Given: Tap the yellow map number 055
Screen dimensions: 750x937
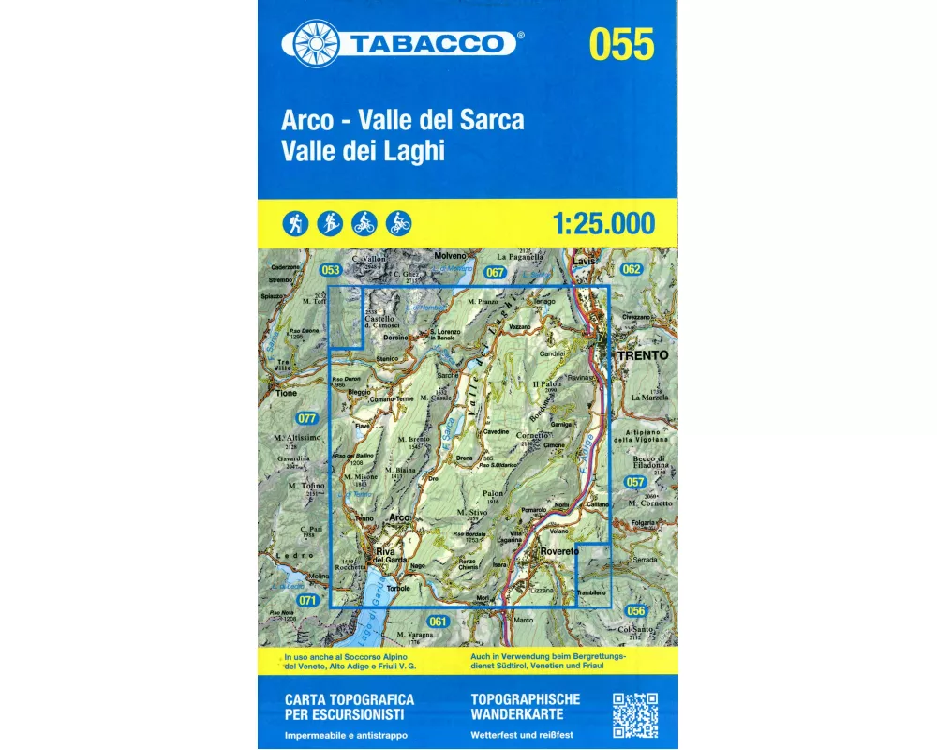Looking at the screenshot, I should [x=621, y=44].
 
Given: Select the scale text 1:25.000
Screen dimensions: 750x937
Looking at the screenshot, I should [x=603, y=224].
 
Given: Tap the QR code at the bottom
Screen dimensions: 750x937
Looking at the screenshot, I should [x=634, y=715].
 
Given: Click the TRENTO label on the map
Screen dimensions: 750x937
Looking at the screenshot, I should [x=642, y=356].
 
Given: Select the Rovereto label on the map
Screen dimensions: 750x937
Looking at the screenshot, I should [x=559, y=552].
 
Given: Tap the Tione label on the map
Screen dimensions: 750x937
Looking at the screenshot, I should [x=285, y=394].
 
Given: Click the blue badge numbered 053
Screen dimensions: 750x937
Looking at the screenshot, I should [x=329, y=271].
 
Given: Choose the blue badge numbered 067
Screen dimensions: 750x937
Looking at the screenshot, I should [x=496, y=273].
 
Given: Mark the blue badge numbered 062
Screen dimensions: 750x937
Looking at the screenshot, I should [x=631, y=270].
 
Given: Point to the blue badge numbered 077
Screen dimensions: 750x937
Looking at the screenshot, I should [x=306, y=418].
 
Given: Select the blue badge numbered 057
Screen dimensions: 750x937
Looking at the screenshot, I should [x=635, y=482].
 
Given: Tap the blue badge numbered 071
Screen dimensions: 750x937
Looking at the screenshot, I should [x=306, y=600].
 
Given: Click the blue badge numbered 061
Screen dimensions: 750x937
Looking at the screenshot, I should [x=436, y=622].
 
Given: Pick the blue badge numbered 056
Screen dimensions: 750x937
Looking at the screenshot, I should [x=636, y=610].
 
